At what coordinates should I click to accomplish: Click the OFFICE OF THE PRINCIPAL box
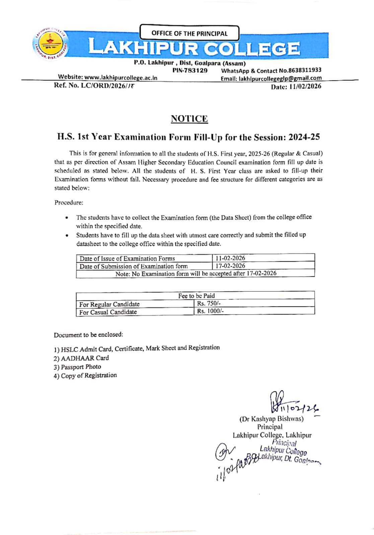(189, 33)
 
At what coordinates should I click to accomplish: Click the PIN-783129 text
(190, 71)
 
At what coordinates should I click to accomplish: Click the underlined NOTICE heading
(189, 119)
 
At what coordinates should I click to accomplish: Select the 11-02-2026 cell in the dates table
(230, 258)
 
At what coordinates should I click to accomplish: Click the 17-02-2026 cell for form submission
(230, 266)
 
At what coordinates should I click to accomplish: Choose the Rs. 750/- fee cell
(209, 303)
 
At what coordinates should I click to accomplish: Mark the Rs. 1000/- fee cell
(210, 311)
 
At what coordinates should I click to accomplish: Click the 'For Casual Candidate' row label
(108, 312)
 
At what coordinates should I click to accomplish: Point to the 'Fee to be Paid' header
(196, 296)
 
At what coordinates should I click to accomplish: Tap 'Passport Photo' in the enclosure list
(81, 367)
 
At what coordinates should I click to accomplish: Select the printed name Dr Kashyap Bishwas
(271, 419)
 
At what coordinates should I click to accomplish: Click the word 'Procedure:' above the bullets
(69, 202)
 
